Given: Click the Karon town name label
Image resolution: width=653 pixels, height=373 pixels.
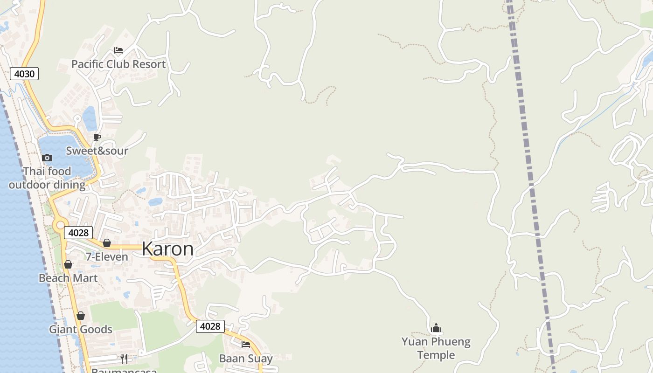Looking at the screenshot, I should (167, 249).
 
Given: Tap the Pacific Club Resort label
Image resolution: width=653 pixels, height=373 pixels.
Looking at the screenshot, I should (118, 64).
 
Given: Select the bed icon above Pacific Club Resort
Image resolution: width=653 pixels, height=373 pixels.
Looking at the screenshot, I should (118, 50).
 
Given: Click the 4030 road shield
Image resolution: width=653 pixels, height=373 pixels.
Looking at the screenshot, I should (24, 74).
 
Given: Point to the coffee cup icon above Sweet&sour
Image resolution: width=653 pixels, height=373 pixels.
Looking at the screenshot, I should (97, 137).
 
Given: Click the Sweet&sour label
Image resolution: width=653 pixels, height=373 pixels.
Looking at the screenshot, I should (97, 151).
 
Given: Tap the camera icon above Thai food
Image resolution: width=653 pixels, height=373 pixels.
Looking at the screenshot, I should (47, 158).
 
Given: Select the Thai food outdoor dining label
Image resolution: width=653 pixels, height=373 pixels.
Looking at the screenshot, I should (47, 178).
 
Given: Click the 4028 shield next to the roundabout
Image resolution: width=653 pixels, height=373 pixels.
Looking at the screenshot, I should (78, 233).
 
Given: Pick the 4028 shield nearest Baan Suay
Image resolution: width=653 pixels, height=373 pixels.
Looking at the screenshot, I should (210, 326).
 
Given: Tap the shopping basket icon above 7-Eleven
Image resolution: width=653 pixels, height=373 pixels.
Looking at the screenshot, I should (107, 243).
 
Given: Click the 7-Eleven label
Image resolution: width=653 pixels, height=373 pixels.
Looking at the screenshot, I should (107, 256).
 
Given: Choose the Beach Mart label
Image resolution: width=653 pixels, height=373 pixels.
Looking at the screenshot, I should (68, 278).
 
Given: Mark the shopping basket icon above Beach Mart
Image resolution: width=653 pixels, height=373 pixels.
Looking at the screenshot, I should (68, 265).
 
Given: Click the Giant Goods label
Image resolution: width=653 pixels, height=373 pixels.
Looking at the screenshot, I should (81, 329).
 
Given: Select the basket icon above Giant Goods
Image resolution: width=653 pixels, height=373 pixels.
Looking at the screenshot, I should (81, 316).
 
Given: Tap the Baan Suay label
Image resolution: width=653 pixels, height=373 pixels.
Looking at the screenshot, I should (246, 358).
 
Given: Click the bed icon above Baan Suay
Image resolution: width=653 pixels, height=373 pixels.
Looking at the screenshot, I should (246, 345).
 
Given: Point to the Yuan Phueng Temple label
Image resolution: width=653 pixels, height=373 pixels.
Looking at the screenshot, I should (436, 348).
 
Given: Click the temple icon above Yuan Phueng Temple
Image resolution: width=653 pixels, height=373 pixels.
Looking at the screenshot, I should (436, 328).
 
